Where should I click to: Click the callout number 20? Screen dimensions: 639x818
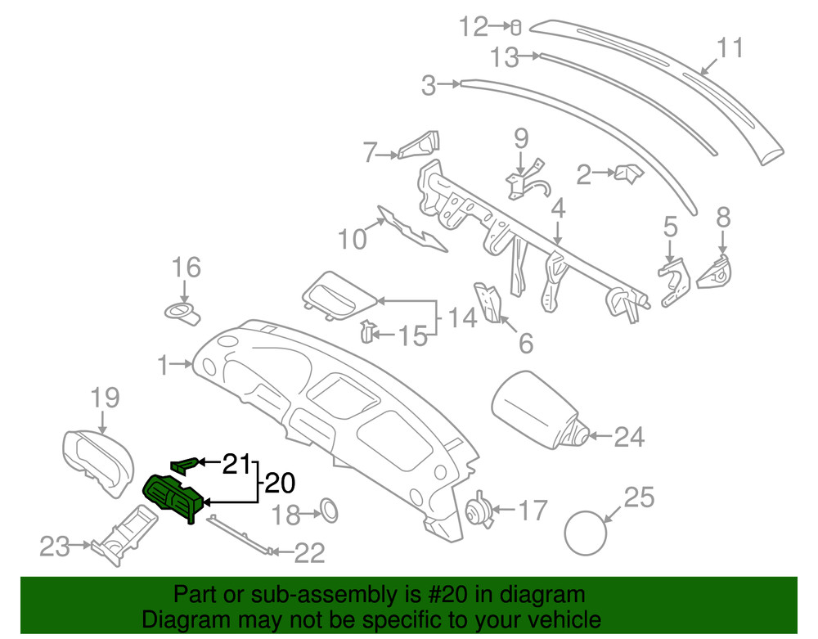pyautogui.click(x=278, y=484)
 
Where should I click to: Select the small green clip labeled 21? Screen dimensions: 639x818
pyautogui.click(x=183, y=465)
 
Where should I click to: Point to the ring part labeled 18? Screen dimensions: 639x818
pyautogui.click(x=328, y=509)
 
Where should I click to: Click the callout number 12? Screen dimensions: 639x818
pyautogui.click(x=473, y=27)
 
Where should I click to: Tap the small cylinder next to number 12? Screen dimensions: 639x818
pyautogui.click(x=515, y=28)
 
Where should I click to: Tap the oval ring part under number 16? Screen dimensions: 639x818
pyautogui.click(x=185, y=313)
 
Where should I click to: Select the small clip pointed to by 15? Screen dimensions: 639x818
pyautogui.click(x=368, y=331)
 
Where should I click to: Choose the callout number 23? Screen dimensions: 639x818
pyautogui.click(x=56, y=546)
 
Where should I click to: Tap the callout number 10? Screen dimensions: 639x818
pyautogui.click(x=353, y=240)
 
